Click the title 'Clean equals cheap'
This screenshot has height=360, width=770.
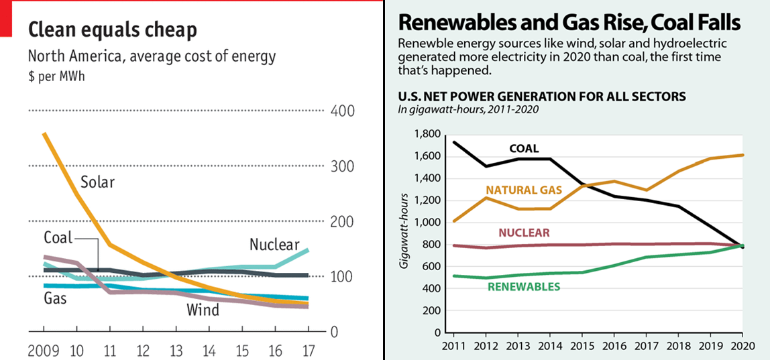coord(112,30)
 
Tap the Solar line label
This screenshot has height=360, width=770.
coord(98,182)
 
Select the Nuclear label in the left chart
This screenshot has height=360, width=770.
coord(274,244)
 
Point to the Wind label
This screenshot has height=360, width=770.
coord(203,310)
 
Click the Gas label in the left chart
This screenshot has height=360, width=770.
coord(55,298)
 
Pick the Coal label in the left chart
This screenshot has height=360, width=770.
coord(58,237)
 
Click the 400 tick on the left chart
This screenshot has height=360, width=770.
coord(343,111)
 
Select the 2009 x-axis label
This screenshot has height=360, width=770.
coord(44,350)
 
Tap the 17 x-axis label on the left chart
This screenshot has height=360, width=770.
coord(307,350)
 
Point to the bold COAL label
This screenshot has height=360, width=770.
coord(524,149)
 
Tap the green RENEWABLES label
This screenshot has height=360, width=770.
coord(524,288)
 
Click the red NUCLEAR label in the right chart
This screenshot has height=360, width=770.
coord(524,233)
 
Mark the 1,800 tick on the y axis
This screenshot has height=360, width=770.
coord(427,135)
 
